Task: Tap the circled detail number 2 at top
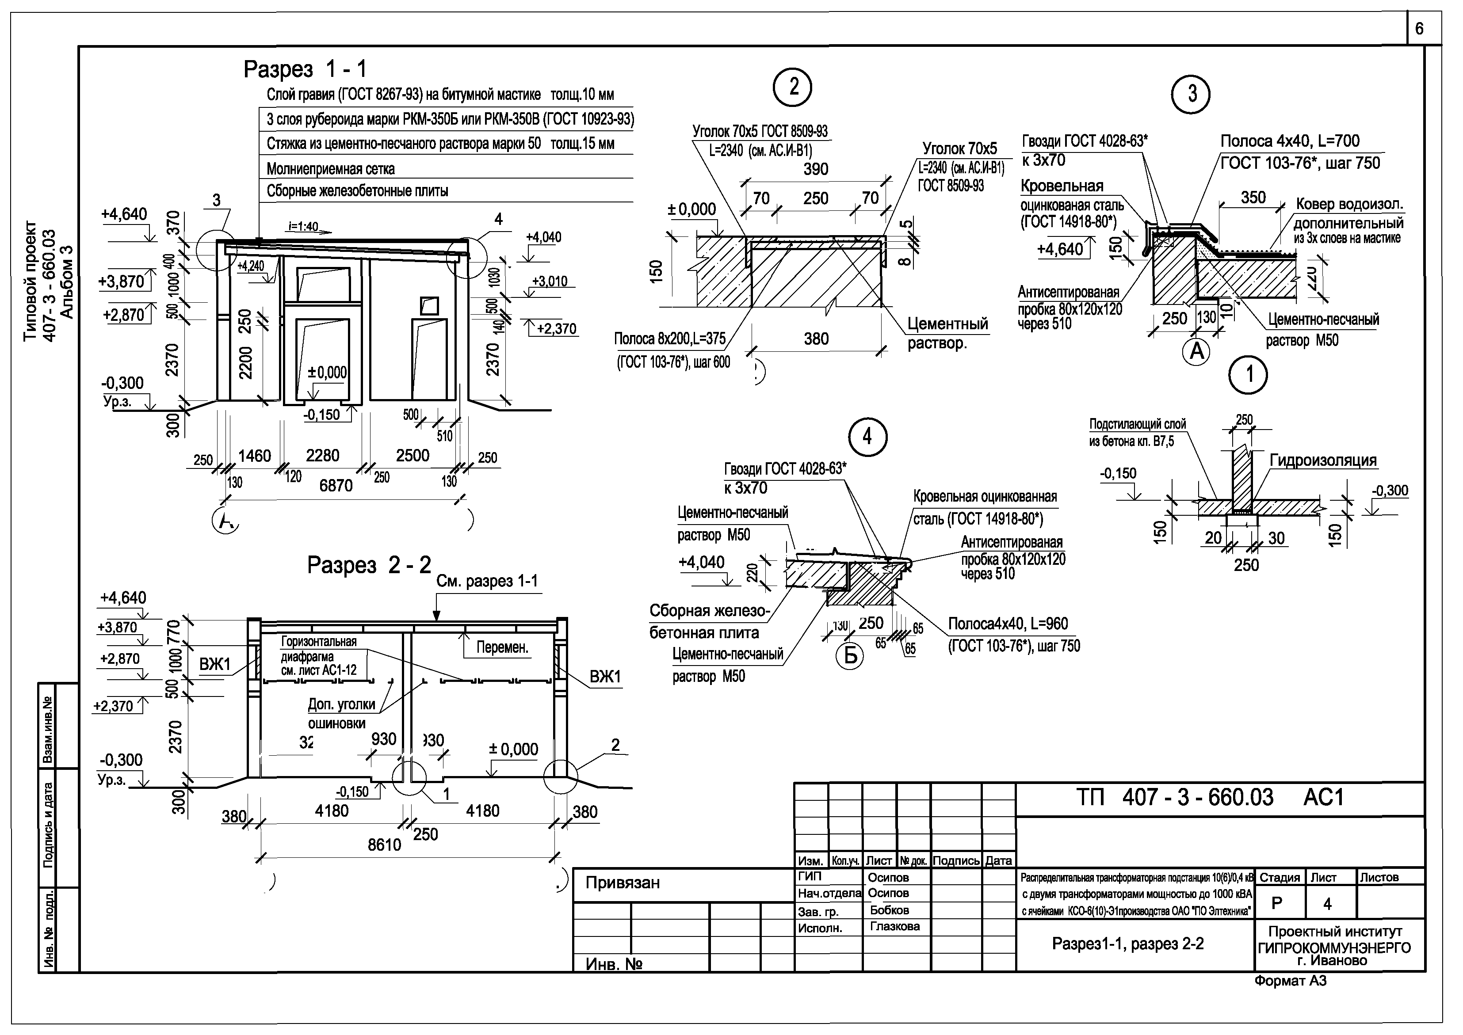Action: (x=792, y=88)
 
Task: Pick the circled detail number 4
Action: (x=867, y=437)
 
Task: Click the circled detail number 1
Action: (x=1248, y=375)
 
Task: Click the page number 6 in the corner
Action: (x=1419, y=29)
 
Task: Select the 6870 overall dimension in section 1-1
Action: (x=336, y=486)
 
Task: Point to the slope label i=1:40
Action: (x=303, y=227)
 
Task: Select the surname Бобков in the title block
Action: (x=889, y=910)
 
